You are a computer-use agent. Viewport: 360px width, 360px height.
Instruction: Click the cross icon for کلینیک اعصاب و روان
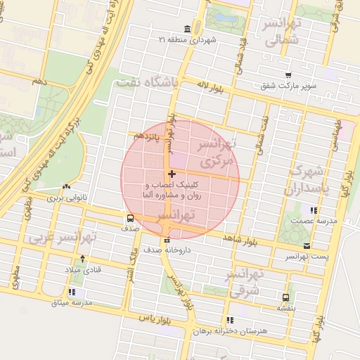pyautogui.click(x=172, y=173)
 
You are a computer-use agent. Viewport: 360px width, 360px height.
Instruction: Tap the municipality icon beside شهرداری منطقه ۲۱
pyautogui.click(x=187, y=29)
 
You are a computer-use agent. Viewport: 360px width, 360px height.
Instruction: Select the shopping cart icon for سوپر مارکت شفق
pyautogui.click(x=288, y=75)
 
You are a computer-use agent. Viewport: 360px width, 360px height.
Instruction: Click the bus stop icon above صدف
pyautogui.click(x=130, y=218)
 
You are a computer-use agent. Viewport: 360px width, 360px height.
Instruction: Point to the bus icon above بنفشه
pyautogui.click(x=285, y=297)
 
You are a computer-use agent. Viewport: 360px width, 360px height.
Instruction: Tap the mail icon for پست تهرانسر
pyautogui.click(x=307, y=245)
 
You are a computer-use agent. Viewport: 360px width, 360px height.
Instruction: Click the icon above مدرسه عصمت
pyautogui.click(x=313, y=210)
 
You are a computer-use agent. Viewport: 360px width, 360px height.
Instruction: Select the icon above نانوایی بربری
pyautogui.click(x=66, y=187)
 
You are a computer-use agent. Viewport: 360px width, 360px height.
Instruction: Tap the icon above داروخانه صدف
pyautogui.click(x=166, y=240)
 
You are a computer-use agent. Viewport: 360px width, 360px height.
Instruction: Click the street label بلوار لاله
pyautogui.click(x=210, y=84)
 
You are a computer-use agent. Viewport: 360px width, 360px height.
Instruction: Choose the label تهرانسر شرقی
pyautogui.click(x=245, y=280)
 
